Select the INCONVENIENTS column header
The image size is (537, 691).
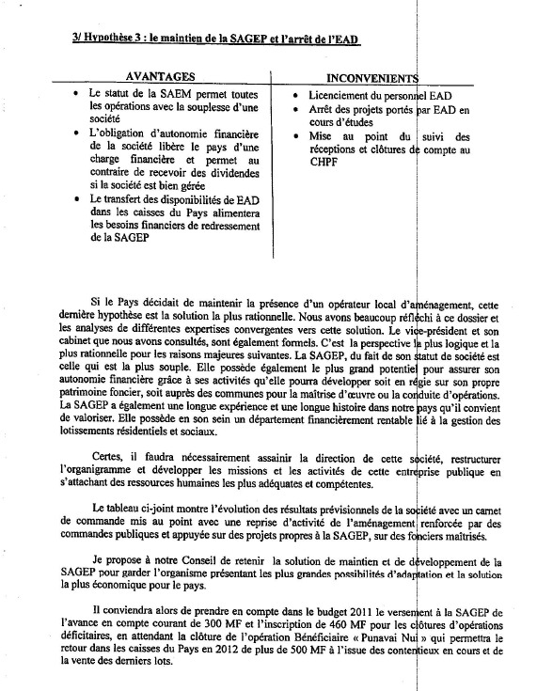pos(371,76)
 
